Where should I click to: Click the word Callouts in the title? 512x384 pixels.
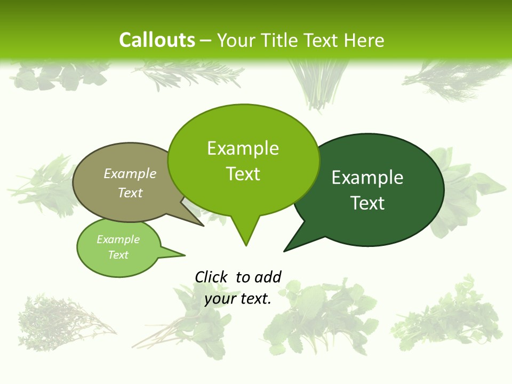pos(157,40)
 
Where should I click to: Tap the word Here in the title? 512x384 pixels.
pos(364,40)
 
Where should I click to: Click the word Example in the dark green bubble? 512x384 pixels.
pos(367,178)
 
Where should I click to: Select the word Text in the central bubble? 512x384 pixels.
pos(243,174)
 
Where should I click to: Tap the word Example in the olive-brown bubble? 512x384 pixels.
pos(130,174)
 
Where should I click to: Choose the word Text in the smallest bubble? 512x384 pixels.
pos(118,255)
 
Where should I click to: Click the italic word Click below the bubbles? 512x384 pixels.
pos(211,277)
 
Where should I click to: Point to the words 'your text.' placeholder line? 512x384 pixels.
pos(238,299)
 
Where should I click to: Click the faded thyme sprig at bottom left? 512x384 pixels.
pos(61,320)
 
